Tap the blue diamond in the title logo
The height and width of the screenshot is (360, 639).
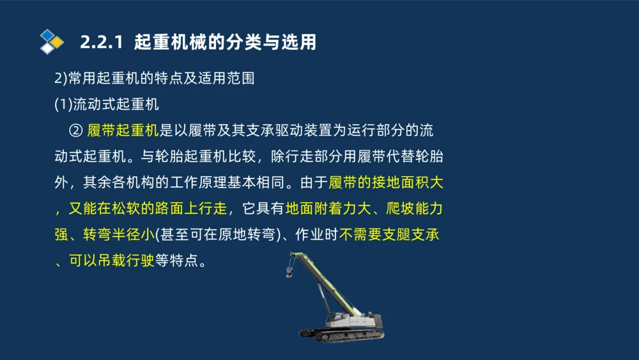pyautogui.click(x=47, y=35)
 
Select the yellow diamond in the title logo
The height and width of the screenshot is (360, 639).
pyautogui.click(x=57, y=42)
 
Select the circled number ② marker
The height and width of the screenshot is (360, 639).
pyautogui.click(x=75, y=131)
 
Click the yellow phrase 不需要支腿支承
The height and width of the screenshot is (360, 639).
pyautogui.click(x=390, y=235)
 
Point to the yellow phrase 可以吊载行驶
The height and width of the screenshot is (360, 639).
pyautogui.click(x=112, y=261)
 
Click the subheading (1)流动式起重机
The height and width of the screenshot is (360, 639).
pyautogui.click(x=106, y=104)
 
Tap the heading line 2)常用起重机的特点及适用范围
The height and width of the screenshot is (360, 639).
pyautogui.click(x=154, y=79)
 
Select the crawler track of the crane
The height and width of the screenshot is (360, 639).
pyautogui.click(x=341, y=334)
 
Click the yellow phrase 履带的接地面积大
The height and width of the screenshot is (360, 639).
pyautogui.click(x=386, y=183)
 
